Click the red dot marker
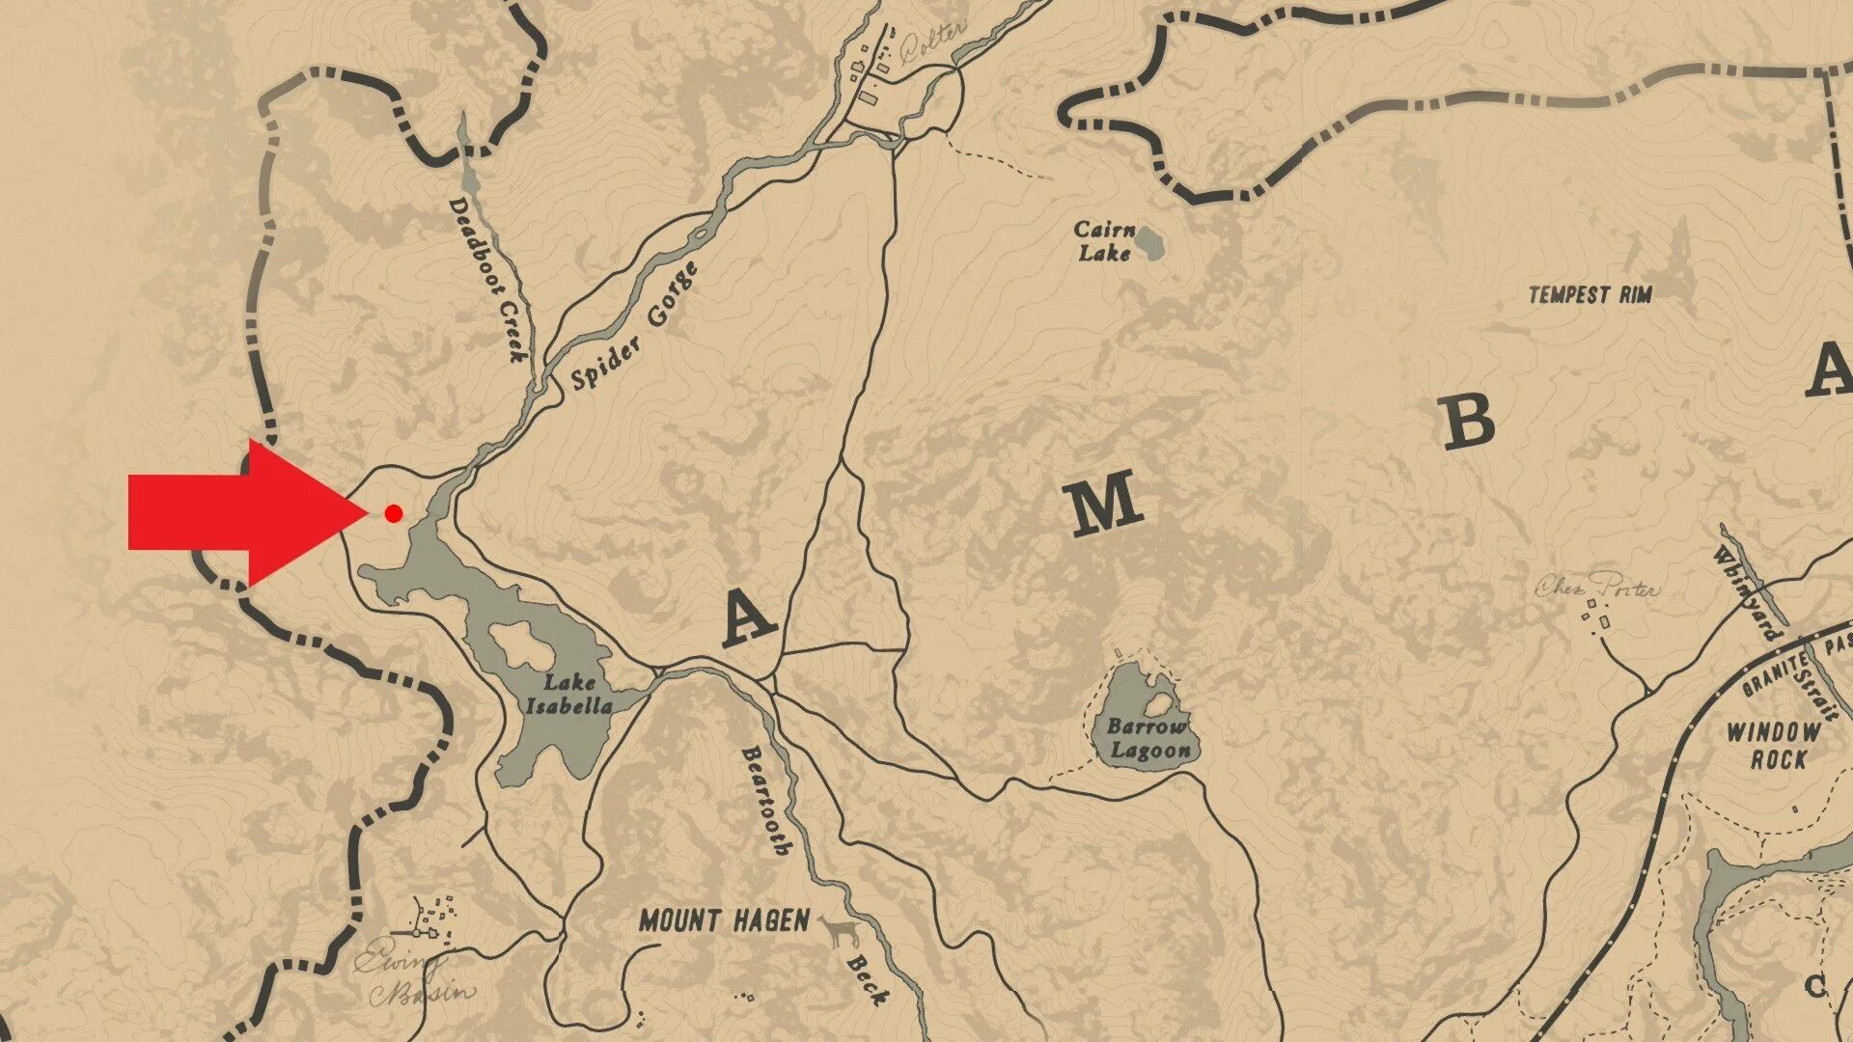coord(393,513)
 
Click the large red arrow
coord(241,513)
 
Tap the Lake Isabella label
coord(568,695)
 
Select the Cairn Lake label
coord(1104,241)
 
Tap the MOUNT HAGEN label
coord(724,921)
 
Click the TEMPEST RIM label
coord(1590,295)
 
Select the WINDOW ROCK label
coord(1772,746)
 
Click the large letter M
coord(1103,504)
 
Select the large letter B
coord(1468,423)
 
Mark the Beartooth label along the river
coord(767,801)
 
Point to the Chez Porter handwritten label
coord(1597,586)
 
